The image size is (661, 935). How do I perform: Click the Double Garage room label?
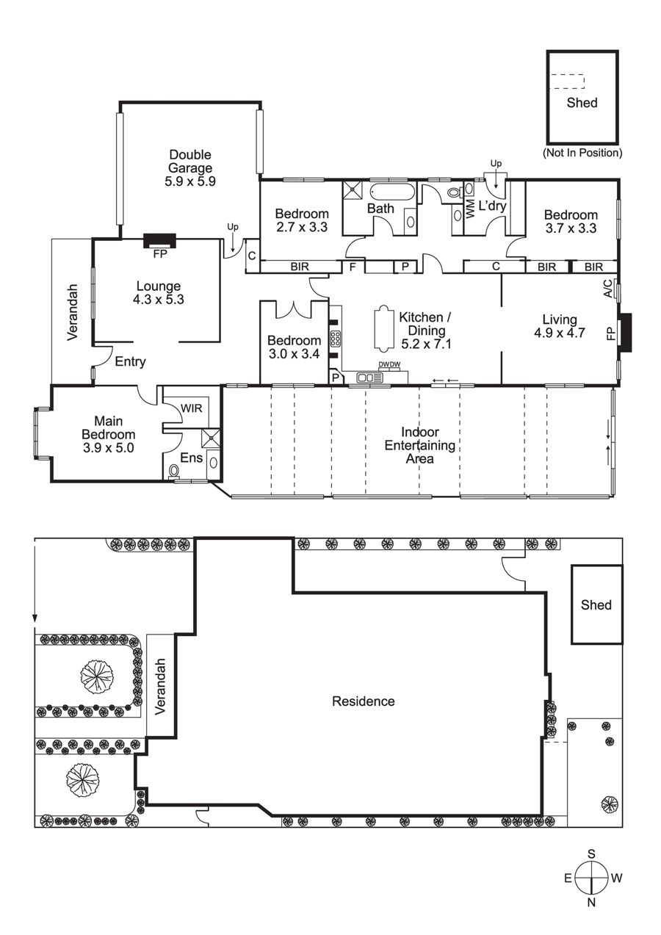point(190,167)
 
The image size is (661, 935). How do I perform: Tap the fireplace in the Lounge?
point(160,241)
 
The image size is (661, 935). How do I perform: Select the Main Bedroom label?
point(109,434)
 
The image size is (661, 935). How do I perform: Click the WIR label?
point(192,408)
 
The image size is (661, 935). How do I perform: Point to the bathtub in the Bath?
point(393,192)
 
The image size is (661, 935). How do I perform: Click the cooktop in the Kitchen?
point(336,339)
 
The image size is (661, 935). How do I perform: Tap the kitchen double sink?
point(369,378)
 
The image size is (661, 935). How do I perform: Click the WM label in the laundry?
point(470,209)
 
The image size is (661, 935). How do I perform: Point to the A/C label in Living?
point(608,289)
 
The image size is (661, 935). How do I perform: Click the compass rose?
point(591,878)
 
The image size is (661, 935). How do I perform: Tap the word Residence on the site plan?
point(364,701)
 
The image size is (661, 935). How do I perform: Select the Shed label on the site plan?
point(596,604)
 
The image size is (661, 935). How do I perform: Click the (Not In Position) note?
point(582,153)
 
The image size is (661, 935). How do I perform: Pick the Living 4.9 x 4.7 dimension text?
point(560,333)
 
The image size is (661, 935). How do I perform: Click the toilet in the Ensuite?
point(173,472)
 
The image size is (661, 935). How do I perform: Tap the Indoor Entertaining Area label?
point(420,445)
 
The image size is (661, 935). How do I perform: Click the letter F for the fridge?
point(353,267)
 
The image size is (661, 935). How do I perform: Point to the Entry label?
point(130,361)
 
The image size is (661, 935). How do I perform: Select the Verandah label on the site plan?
point(160,687)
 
